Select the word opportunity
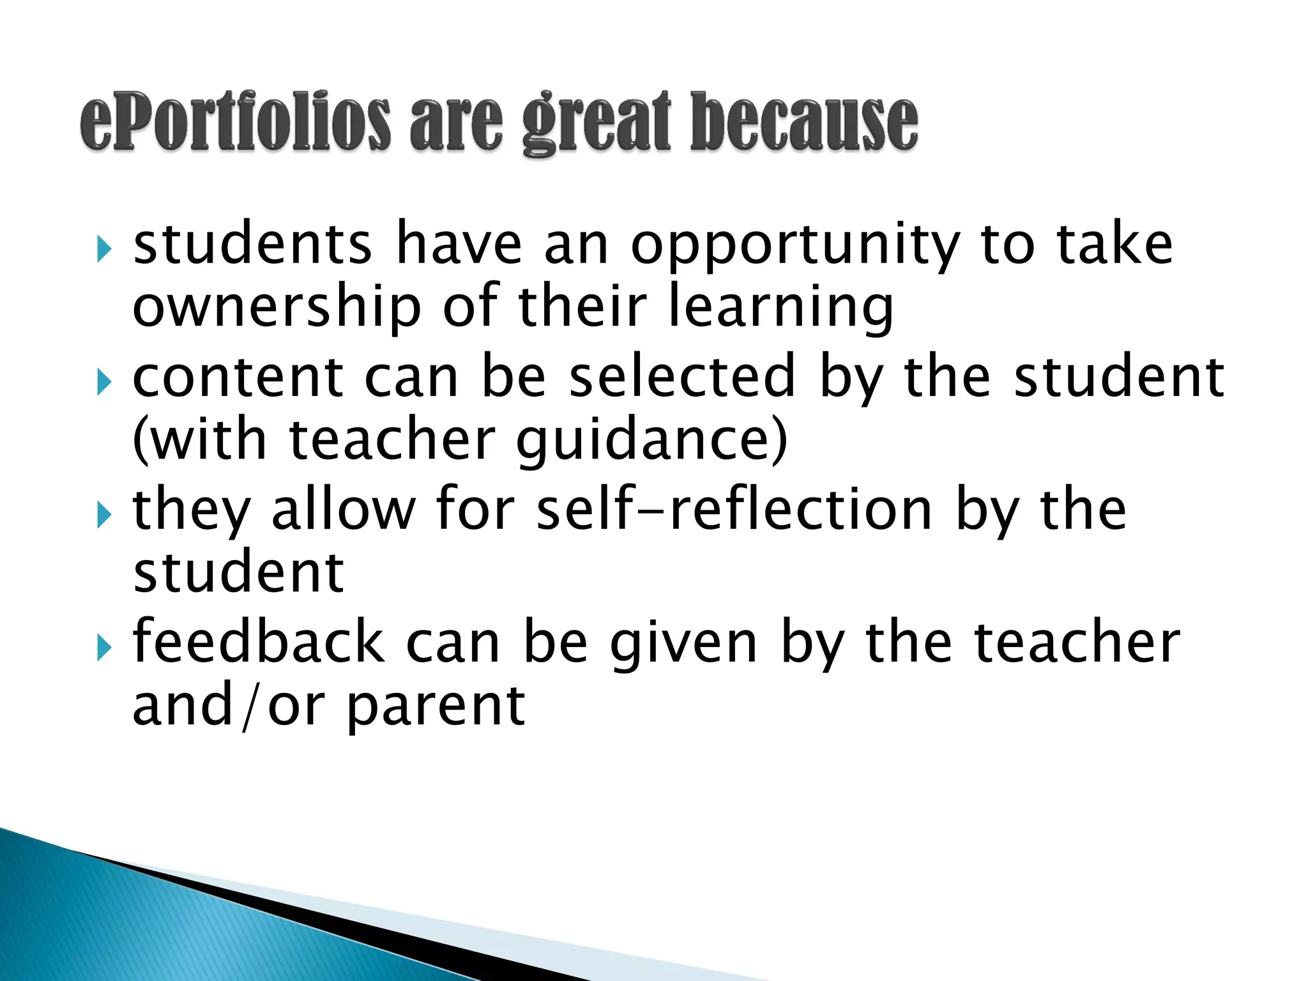click(795, 246)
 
